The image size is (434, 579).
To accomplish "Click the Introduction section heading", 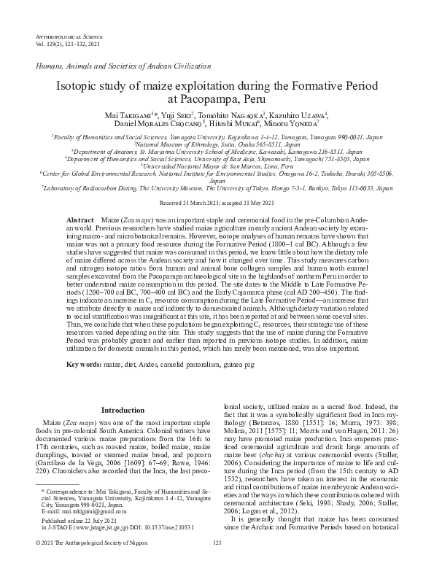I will (x=122, y=410).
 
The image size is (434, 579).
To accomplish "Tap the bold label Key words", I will (x=83, y=363).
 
